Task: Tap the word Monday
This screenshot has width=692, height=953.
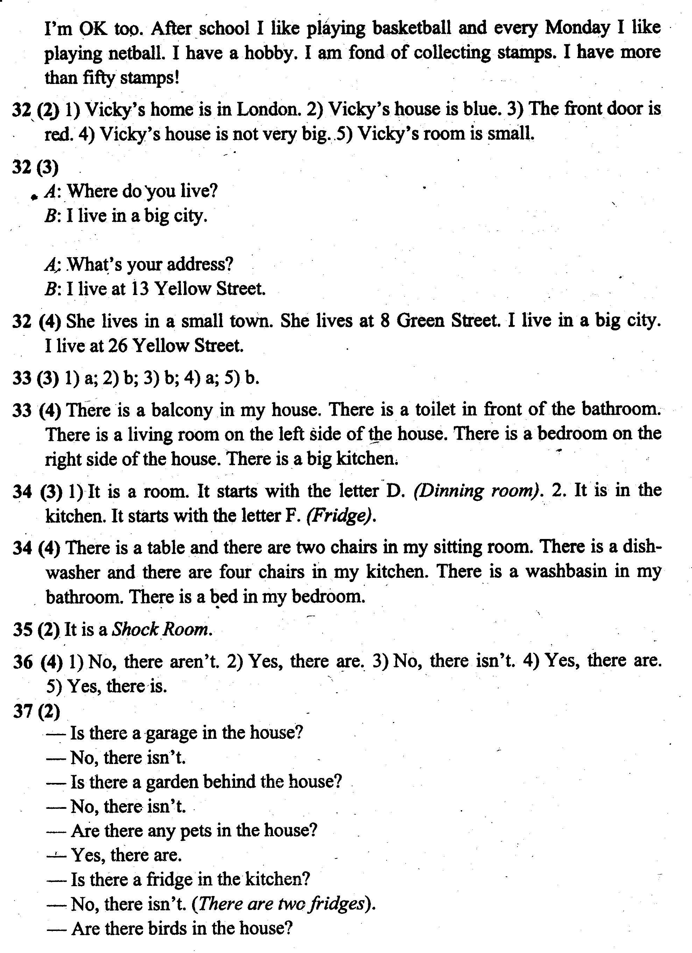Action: [x=577, y=28]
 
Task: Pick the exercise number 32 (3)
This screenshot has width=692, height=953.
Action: [x=35, y=167]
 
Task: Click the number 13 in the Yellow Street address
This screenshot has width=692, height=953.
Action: [x=140, y=289]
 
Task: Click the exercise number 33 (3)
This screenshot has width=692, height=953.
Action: [x=35, y=379]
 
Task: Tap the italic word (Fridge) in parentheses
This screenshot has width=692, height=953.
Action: [x=341, y=516]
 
